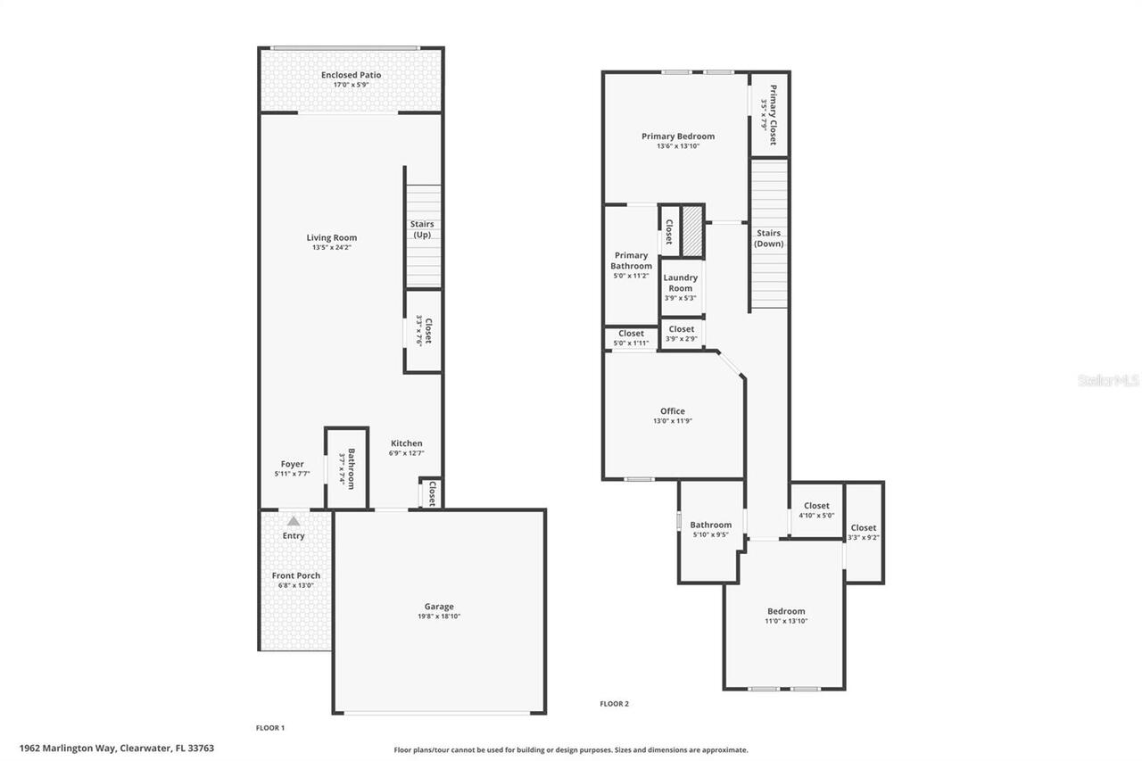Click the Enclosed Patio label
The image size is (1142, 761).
point(351,75)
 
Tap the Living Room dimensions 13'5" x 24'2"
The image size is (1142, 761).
point(332,248)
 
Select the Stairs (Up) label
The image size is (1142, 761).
point(422,229)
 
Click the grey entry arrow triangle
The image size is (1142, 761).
point(294,521)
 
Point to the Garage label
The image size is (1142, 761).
point(439,607)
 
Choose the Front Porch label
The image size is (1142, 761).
point(296,575)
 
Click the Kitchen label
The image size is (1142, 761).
point(406,443)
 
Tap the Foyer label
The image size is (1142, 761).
point(292,464)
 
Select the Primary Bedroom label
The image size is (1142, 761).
point(678,136)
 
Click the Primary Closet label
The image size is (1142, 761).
point(773,115)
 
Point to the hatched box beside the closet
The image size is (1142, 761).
point(693,231)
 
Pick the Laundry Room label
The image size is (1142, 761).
point(681,283)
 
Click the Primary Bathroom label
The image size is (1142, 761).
point(631,261)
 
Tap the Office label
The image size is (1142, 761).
point(673,411)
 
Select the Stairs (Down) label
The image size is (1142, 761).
point(768,238)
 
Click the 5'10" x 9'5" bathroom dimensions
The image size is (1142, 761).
point(711,535)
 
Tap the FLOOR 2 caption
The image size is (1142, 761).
point(614,704)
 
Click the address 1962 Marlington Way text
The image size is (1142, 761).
point(116,749)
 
